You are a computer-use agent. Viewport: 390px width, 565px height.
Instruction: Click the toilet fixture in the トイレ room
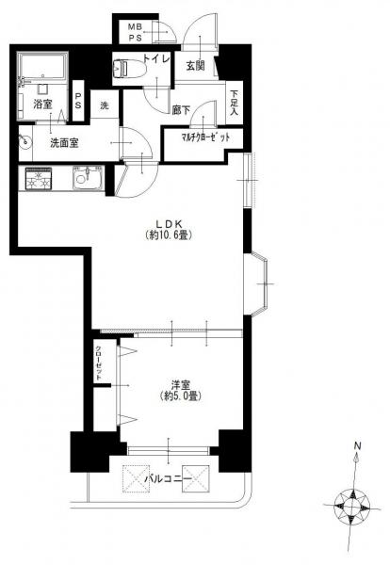coord(129,68)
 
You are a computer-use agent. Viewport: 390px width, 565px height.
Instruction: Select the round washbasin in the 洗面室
coord(25,141)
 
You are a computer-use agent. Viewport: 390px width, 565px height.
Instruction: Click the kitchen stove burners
coord(39,179)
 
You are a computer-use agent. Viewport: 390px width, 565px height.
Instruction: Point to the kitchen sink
coord(88,177)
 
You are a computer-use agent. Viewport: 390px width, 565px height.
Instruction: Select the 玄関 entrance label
coord(195,66)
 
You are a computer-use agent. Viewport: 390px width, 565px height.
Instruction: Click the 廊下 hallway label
coord(181,110)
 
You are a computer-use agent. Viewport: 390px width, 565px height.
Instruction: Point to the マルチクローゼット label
coord(205,137)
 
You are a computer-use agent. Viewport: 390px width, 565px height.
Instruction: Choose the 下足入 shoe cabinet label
coord(235,103)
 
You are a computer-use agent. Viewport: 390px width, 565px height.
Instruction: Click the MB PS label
coord(136,32)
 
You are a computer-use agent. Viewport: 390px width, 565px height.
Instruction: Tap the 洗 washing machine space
coord(105,105)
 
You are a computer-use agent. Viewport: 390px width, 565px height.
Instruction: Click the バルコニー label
coord(168,479)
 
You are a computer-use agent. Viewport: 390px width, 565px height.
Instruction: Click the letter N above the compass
coord(357,445)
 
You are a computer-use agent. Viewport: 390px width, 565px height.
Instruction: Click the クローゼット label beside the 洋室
coord(98,363)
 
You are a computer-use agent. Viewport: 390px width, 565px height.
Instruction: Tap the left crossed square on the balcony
coord(137,479)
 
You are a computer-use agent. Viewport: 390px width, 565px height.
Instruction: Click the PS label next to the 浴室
coord(78,102)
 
